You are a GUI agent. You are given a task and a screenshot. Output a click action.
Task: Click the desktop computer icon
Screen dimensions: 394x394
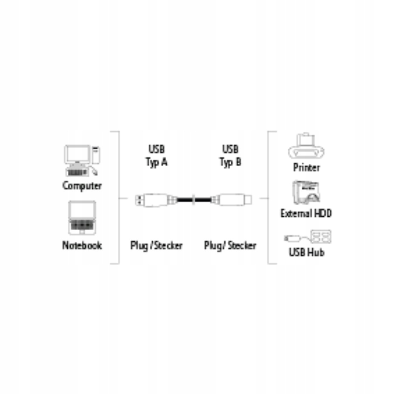point(82,160)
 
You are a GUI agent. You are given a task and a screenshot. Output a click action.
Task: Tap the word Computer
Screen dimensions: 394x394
point(82,186)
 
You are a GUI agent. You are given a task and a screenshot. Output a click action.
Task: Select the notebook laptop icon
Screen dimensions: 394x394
point(82,218)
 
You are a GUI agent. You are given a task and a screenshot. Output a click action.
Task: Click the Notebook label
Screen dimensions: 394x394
point(82,245)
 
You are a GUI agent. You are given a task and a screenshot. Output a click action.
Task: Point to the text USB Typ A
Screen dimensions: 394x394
point(157,155)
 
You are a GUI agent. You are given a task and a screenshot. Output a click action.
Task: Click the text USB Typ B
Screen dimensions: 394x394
point(230,155)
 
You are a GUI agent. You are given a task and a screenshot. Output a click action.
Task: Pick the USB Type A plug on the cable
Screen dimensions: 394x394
point(156,200)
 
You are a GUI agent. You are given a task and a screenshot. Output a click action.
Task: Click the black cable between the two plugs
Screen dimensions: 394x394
point(194,200)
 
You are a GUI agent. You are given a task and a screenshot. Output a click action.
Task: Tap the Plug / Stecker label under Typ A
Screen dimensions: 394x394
point(156,246)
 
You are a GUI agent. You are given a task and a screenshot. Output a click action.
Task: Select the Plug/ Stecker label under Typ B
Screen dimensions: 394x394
point(230,246)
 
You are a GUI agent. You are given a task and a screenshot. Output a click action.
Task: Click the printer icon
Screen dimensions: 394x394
point(306,146)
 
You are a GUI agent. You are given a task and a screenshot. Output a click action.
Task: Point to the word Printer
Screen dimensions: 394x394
point(307,168)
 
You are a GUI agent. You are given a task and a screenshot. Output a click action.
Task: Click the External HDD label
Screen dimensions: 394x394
point(306,213)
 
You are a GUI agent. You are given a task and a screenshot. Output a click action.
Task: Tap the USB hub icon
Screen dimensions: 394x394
point(308,237)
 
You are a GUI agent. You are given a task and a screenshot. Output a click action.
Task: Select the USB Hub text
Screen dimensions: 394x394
point(307,252)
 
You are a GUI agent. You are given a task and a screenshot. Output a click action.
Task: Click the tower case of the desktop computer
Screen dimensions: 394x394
point(96,155)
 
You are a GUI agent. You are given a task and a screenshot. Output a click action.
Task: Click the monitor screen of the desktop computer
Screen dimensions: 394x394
point(77,154)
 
